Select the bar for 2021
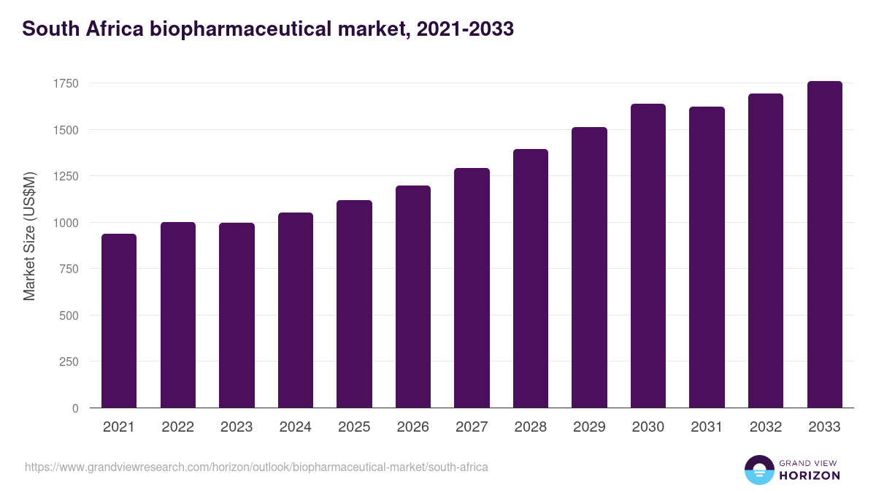[x=119, y=321]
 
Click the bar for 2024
[x=296, y=310]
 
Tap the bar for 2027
[x=472, y=288]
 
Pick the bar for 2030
[x=648, y=256]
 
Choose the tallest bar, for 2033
[x=824, y=245]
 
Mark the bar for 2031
[x=707, y=257]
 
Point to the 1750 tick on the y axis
[x=66, y=83]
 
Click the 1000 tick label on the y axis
[x=66, y=223]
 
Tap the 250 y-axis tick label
[x=69, y=362]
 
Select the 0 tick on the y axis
[x=75, y=408]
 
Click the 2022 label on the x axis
[x=177, y=427]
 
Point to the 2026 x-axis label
[x=412, y=427]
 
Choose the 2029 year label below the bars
[x=589, y=427]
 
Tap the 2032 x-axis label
[x=766, y=427]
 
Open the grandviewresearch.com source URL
[x=256, y=467]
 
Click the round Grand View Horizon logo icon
[x=759, y=470]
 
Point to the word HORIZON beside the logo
[x=809, y=475]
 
